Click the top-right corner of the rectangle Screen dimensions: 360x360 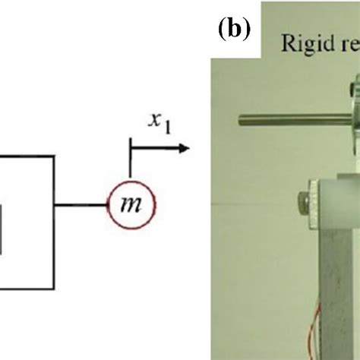click(54, 156)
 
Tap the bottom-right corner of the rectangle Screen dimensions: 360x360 click(54, 289)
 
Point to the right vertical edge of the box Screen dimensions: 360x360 click(54, 228)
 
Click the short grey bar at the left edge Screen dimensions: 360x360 click(2, 229)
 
